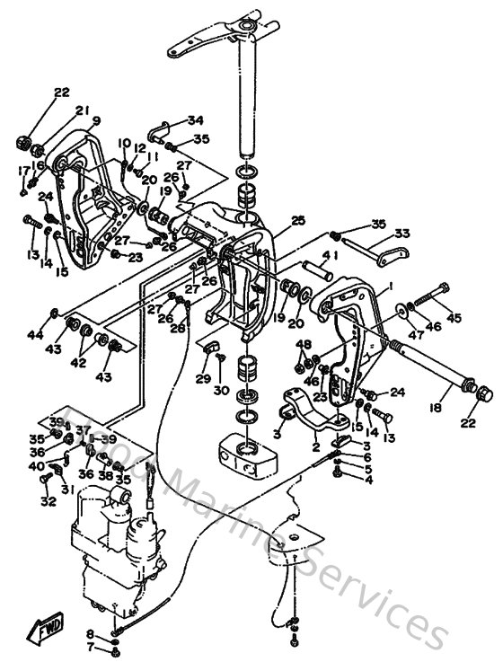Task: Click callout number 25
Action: [x=298, y=220]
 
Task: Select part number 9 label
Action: [x=95, y=121]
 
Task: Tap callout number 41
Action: [x=331, y=256]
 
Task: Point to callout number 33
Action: [x=402, y=234]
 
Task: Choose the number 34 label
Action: [x=195, y=120]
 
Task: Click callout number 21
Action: [x=82, y=110]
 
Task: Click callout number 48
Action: [x=305, y=345]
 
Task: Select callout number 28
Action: [x=178, y=329]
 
